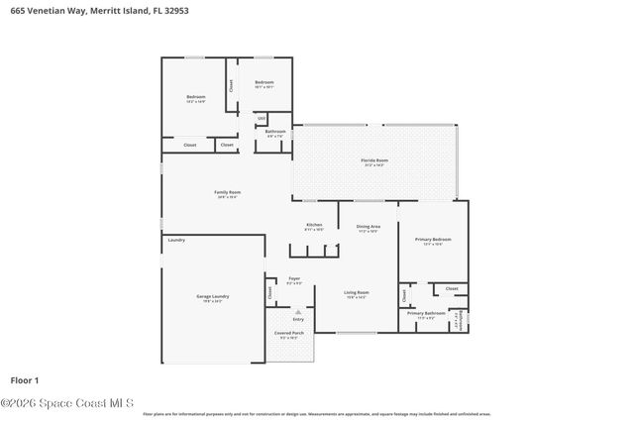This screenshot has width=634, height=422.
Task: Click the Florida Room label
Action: [374, 159]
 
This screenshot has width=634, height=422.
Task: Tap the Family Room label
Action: [228, 192]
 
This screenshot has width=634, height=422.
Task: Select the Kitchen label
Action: [314, 225]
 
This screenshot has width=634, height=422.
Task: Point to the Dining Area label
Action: [369, 227]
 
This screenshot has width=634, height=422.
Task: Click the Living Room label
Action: [357, 292]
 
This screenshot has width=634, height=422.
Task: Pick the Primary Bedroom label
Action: [434, 239]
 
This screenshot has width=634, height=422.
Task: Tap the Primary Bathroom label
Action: [426, 313]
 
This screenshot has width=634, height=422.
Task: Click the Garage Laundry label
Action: [213, 296]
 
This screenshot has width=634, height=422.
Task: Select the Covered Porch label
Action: [290, 333]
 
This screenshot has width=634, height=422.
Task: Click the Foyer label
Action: [294, 279]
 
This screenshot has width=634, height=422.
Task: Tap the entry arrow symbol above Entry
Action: [296, 311]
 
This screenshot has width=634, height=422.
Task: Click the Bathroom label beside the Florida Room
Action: [275, 132]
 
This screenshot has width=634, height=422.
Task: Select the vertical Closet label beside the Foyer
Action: [269, 293]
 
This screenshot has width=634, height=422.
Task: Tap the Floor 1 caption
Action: [24, 379]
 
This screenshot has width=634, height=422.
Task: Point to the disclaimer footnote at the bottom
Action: [317, 414]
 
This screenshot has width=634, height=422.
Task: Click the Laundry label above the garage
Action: [177, 240]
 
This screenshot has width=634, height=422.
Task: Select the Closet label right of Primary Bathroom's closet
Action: [452, 288]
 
